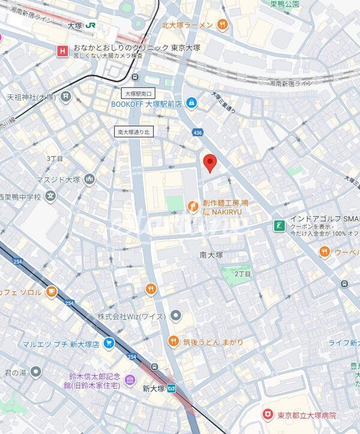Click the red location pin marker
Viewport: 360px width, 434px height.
coord(209,163)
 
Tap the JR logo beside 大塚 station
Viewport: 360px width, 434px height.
coord(91,26)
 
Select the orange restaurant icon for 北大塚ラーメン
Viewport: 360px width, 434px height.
coord(223,25)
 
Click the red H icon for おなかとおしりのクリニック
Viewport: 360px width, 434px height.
coord(61,51)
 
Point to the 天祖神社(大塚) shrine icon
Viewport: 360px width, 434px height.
coord(65,96)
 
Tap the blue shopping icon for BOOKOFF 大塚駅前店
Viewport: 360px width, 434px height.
coord(191,103)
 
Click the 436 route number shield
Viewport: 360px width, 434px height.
coord(197,133)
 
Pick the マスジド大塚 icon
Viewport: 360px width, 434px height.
coord(89,179)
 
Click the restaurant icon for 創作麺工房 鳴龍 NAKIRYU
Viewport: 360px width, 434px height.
coord(193,206)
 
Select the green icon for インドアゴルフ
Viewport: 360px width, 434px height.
coord(279,225)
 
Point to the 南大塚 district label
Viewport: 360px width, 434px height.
coord(211,255)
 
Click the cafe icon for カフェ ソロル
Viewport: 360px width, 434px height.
coord(52,292)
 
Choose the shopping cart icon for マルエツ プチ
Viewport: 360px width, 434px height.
coord(109,343)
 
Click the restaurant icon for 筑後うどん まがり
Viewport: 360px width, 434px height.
coord(173,342)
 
